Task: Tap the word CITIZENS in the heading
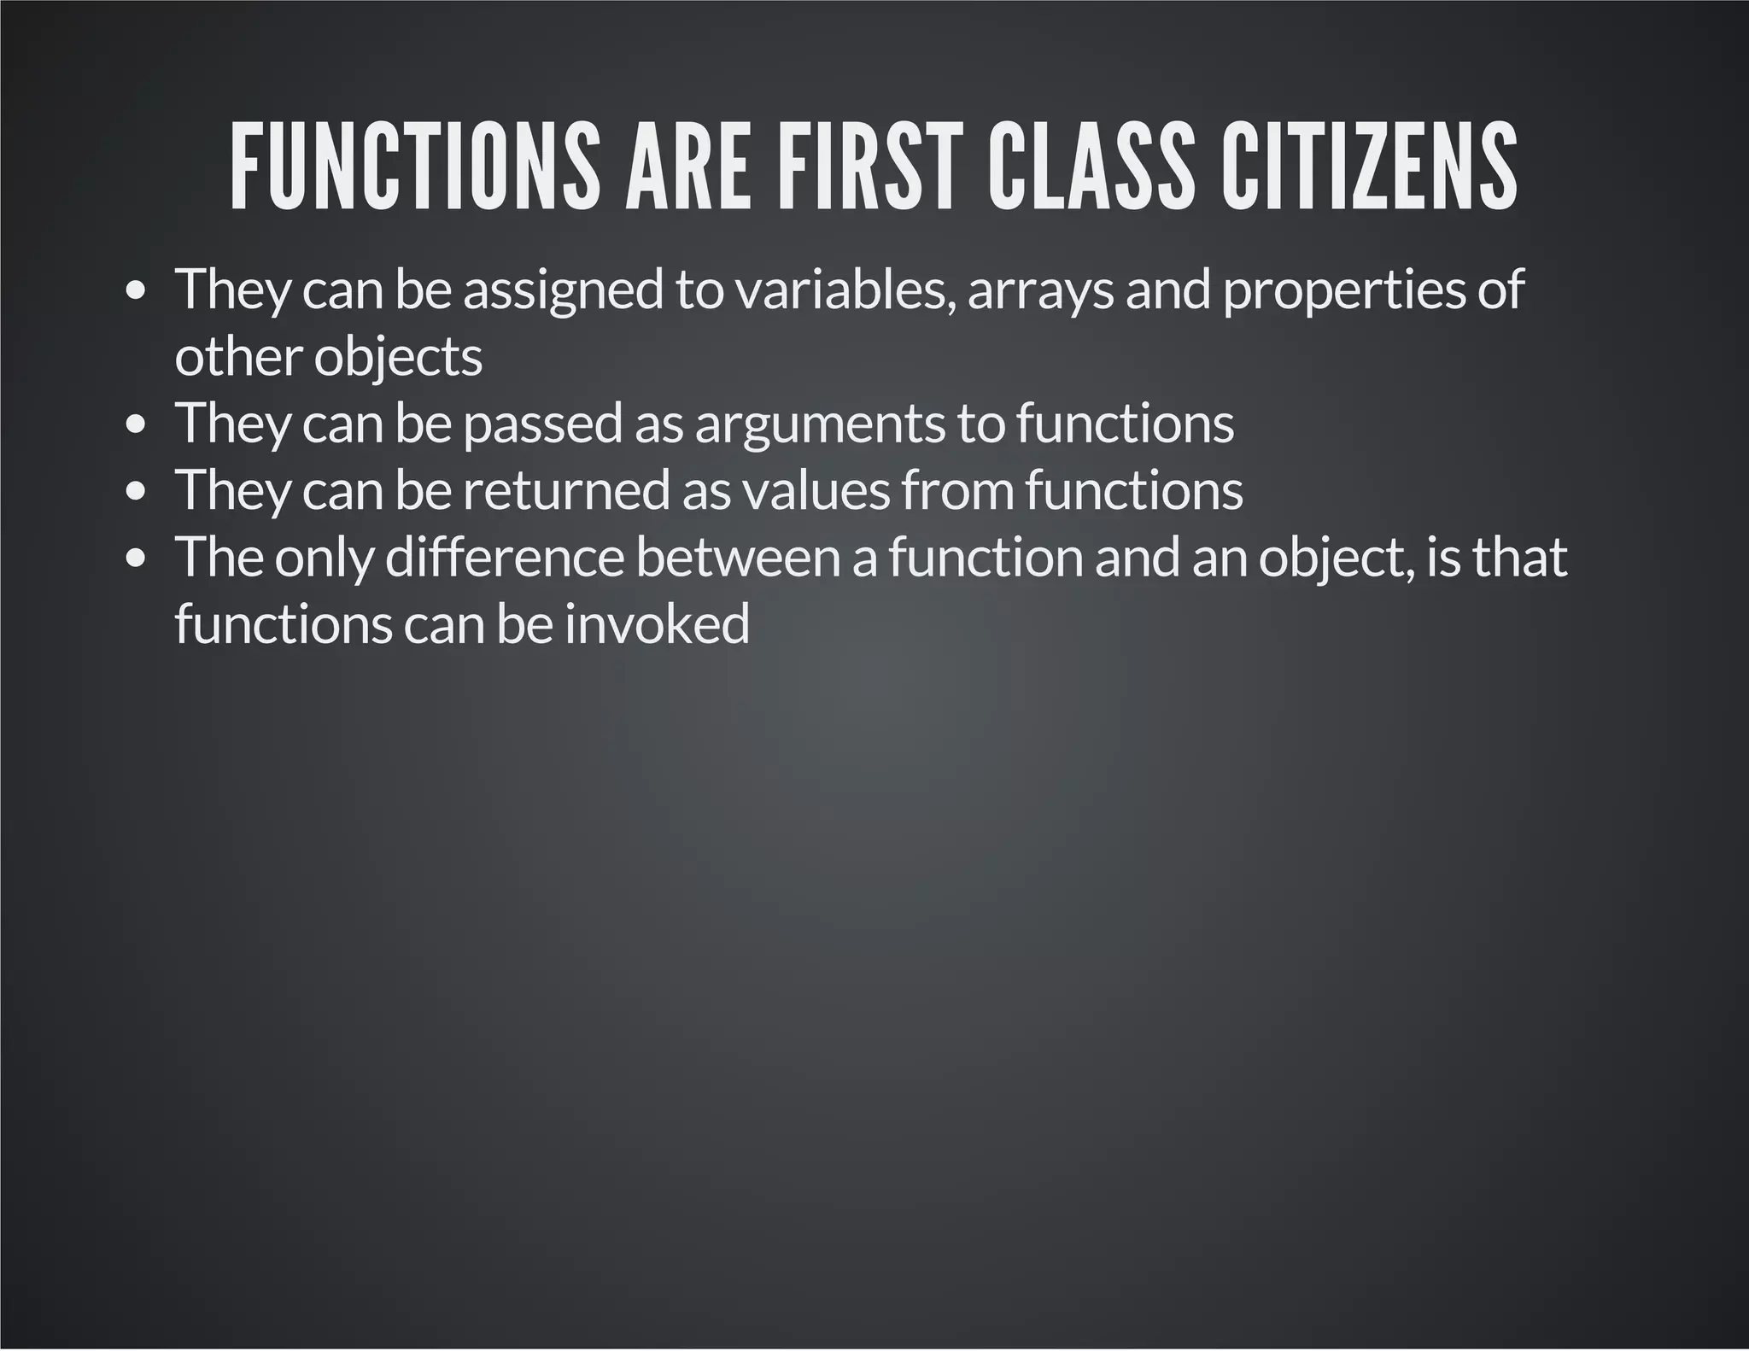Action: (1368, 167)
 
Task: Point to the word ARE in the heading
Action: (688, 167)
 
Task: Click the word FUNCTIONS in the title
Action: (415, 167)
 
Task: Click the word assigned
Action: (563, 291)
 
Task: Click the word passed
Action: (542, 424)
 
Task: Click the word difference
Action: (505, 557)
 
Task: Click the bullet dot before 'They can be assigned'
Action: (136, 292)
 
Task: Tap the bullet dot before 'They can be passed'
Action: (136, 425)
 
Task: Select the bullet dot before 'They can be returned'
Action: (136, 492)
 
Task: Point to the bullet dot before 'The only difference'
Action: (136, 559)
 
